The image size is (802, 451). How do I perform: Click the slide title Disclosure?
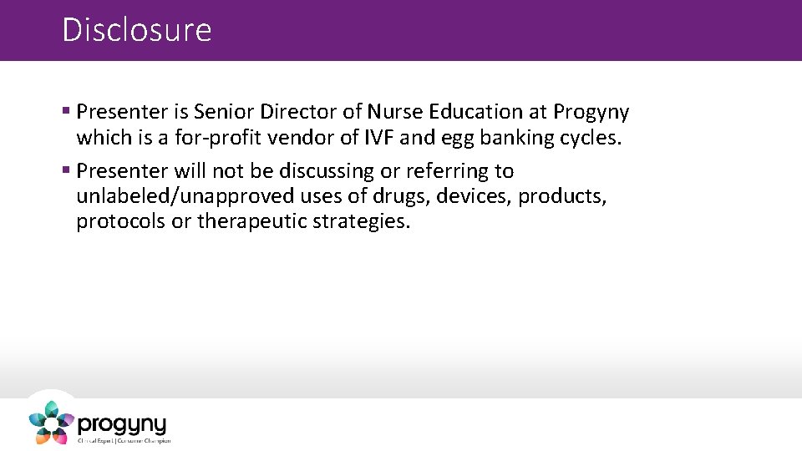[x=137, y=30]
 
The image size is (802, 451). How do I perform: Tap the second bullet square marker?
[x=66, y=171]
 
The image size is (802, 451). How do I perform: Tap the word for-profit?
[x=195, y=138]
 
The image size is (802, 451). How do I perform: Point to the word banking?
[x=515, y=139]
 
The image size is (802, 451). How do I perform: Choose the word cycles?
[x=591, y=139]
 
